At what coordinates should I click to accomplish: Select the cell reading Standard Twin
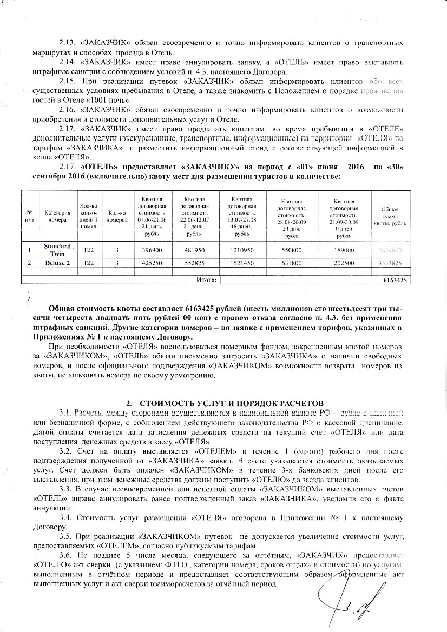coord(57,249)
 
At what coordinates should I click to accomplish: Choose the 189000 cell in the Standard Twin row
coord(343,249)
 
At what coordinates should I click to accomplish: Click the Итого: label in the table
coord(206,280)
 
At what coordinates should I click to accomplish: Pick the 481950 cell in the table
coord(193,249)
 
